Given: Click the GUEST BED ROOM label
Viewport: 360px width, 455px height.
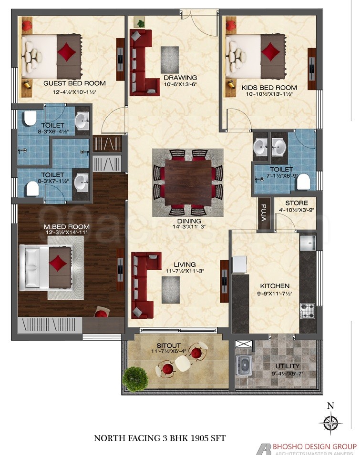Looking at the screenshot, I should pyautogui.click(x=74, y=83).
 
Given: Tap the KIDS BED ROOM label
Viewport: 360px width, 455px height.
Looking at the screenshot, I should pyautogui.click(x=269, y=88).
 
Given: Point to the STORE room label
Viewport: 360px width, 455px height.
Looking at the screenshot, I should pyautogui.click(x=297, y=203).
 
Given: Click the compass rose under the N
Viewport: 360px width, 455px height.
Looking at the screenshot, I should pyautogui.click(x=329, y=422).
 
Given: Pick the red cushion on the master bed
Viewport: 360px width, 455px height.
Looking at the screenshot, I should pyautogui.click(x=58, y=262).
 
